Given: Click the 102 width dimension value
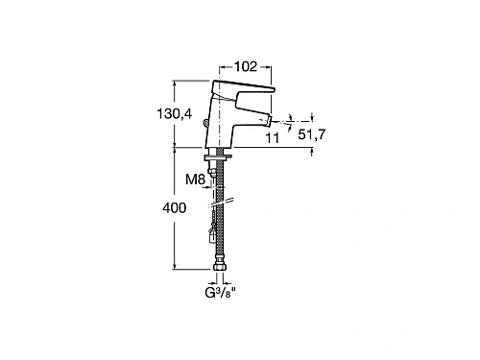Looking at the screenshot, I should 245,68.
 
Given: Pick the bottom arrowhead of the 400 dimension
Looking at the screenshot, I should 174,269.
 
